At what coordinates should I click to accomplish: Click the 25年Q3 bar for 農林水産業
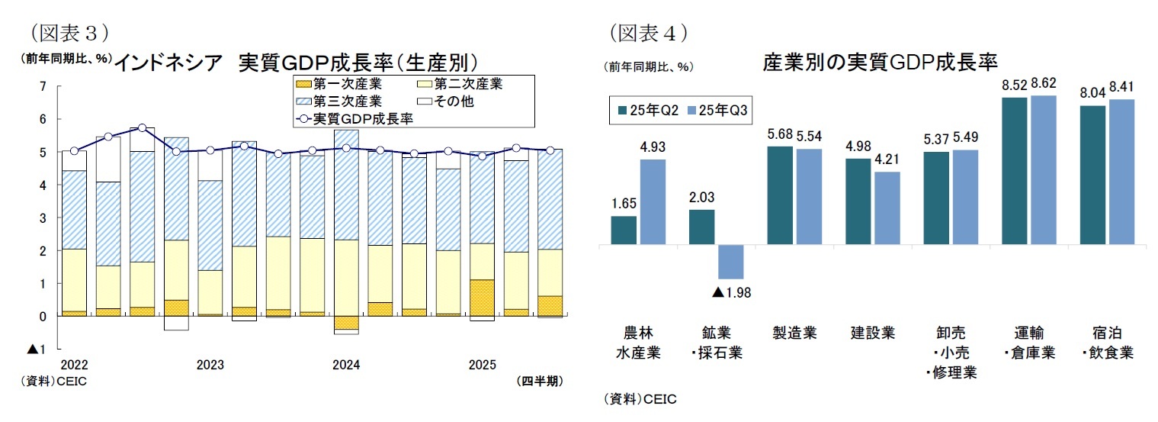[x=653, y=202]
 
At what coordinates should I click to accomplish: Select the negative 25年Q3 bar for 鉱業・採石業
[x=730, y=262]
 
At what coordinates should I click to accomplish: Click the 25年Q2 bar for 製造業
[x=780, y=195]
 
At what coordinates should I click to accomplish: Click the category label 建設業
[x=873, y=333]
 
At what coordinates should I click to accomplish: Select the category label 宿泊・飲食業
[x=1108, y=343]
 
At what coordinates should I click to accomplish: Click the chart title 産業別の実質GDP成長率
[x=881, y=62]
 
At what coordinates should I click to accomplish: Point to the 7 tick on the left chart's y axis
[x=43, y=86]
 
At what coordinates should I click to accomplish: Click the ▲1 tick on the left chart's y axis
[x=36, y=349]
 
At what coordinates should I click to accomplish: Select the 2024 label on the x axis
[x=346, y=366]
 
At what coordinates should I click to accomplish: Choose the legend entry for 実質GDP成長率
[x=354, y=118]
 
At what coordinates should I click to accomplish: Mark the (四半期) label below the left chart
[x=539, y=381]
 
